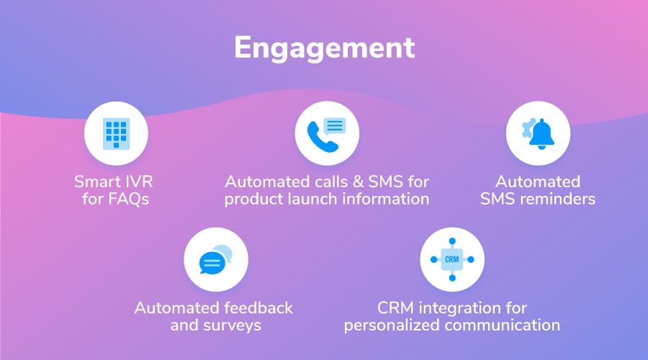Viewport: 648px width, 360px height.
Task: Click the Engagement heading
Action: pyautogui.click(x=325, y=48)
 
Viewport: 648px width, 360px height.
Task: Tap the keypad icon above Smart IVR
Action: pyautogui.click(x=116, y=133)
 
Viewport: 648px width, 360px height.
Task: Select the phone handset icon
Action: pyautogui.click(x=322, y=137)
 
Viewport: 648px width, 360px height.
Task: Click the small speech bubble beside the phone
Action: pyautogui.click(x=334, y=127)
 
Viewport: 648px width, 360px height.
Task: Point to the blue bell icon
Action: pyautogui.click(x=541, y=133)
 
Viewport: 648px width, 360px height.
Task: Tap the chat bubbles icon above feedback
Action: pyautogui.click(x=215, y=260)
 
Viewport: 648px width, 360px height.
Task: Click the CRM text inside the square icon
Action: pyautogui.click(x=451, y=260)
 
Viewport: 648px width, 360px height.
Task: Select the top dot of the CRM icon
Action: pyautogui.click(x=452, y=241)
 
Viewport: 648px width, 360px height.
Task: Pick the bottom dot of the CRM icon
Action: pyautogui.click(x=452, y=278)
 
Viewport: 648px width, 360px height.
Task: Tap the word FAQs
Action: pyautogui.click(x=128, y=199)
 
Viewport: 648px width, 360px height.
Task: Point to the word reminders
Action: pyautogui.click(x=557, y=199)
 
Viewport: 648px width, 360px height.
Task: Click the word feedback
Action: pyautogui.click(x=259, y=308)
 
